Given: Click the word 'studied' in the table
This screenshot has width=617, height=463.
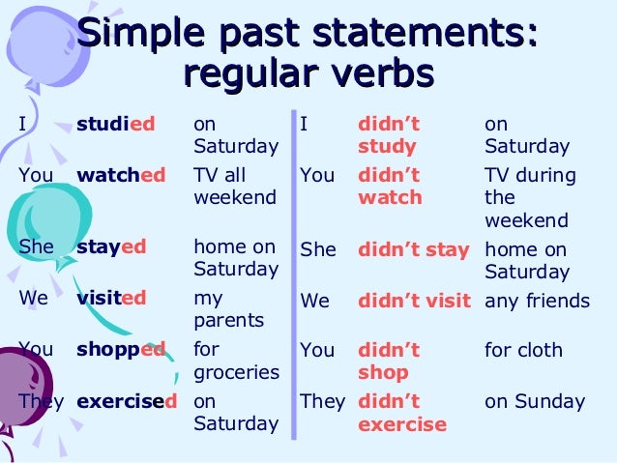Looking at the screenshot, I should (115, 125).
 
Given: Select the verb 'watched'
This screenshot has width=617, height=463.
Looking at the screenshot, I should (121, 176).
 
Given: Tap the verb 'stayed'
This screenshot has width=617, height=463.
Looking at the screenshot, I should (111, 246).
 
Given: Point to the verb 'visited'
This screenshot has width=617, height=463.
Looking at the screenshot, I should (111, 299).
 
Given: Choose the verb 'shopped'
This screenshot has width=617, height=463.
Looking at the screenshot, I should (121, 350).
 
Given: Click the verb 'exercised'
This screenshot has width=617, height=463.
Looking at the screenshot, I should (127, 401).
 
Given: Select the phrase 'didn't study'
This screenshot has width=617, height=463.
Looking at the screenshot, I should (389, 136).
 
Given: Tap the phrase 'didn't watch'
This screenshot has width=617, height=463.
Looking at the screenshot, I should (390, 188).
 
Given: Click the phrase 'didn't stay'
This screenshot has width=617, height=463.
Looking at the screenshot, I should (413, 249).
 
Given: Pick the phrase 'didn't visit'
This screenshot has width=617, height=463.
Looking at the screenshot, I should (413, 301).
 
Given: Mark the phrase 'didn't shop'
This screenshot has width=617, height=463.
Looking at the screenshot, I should (389, 362).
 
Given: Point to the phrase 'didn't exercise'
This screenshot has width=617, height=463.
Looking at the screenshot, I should (401, 413).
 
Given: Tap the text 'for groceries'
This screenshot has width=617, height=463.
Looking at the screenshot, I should (236, 362).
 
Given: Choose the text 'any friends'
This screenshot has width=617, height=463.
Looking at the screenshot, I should (537, 301).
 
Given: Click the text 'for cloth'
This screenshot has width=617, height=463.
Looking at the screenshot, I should (523, 350).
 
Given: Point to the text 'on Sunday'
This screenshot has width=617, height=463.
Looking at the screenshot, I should (535, 401).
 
